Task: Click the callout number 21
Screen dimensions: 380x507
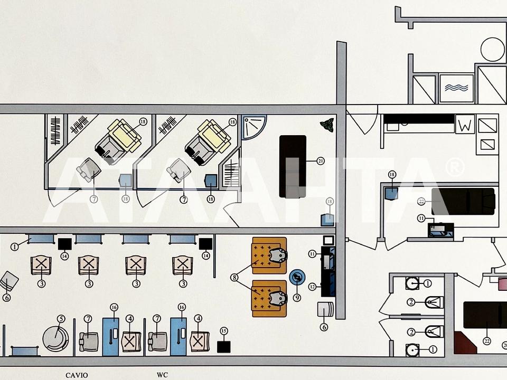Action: click(321, 161)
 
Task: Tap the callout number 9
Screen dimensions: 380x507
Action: click(297, 298)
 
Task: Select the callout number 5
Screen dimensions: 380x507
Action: click(61, 319)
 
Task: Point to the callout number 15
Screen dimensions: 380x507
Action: click(224, 331)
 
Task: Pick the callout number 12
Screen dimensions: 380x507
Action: click(312, 287)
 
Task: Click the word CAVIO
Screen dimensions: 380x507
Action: click(77, 375)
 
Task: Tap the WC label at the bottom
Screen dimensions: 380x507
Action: click(162, 375)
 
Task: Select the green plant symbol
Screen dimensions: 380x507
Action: click(327, 125)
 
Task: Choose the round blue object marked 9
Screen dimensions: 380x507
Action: click(297, 278)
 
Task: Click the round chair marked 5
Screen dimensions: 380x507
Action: click(55, 338)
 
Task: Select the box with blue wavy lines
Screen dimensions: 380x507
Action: click(456, 88)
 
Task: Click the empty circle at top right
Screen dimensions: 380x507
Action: click(492, 49)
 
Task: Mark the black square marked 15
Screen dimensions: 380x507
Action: click(224, 347)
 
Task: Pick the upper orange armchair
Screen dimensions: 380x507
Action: click(269, 255)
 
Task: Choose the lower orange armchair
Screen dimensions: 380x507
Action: click(269, 299)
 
